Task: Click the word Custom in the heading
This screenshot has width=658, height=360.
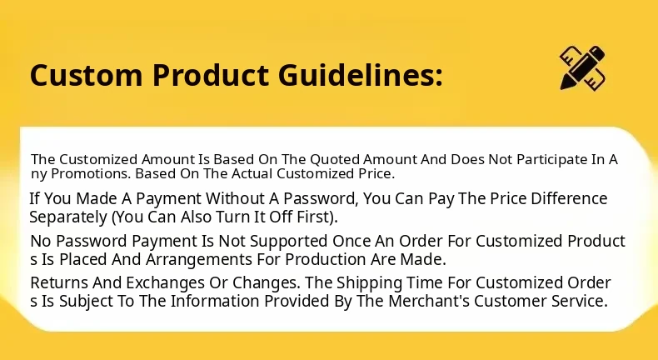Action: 86,75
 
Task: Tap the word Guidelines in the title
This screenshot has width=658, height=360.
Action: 360,75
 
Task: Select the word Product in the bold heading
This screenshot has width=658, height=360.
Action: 210,75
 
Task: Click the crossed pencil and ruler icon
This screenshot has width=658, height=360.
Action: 582,67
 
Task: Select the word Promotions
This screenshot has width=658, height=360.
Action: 91,174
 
